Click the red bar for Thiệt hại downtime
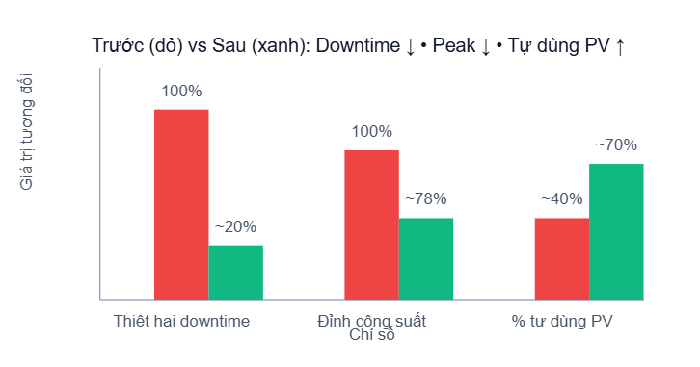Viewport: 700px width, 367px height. (181, 204)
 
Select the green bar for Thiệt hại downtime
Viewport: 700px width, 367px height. (235, 273)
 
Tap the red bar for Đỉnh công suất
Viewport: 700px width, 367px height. (371, 224)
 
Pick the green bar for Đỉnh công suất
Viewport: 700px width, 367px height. (425, 259)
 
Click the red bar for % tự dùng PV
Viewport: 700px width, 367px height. (561, 259)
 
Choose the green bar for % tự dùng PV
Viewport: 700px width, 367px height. (615, 231)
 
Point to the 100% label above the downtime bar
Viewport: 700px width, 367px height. (181, 92)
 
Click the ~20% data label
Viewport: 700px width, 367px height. (235, 227)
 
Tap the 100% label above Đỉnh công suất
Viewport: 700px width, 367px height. (371, 132)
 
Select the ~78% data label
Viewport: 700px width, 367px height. (425, 199)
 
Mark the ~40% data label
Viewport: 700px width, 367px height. (561, 199)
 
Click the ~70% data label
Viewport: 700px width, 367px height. (615, 145)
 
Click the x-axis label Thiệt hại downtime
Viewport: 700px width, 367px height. (181, 321)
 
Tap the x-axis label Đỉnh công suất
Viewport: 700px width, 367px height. (371, 321)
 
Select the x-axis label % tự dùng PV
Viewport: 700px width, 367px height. (562, 321)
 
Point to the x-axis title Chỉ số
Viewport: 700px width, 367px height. (371, 335)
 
